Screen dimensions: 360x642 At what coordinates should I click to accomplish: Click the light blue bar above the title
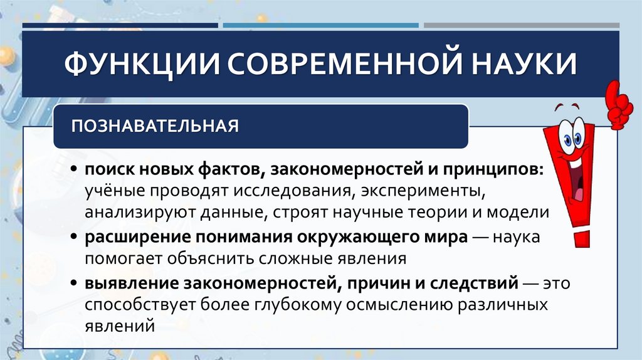tap(320, 26)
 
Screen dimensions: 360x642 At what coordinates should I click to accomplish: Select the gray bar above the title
tap(521, 26)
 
